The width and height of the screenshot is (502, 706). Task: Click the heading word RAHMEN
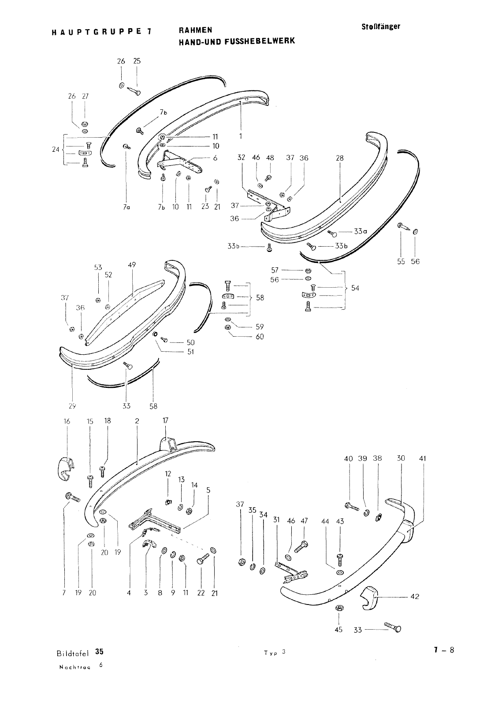tap(195, 30)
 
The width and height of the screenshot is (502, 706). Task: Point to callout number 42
tap(414, 597)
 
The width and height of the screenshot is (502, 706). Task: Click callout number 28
tap(339, 158)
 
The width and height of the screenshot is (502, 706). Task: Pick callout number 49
tap(132, 265)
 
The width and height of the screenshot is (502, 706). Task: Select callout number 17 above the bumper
tap(165, 421)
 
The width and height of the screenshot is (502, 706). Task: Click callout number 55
tap(401, 261)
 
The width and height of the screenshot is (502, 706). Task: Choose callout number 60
tap(260, 337)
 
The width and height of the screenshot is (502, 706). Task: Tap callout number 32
tap(241, 158)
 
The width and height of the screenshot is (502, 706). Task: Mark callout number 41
tap(423, 458)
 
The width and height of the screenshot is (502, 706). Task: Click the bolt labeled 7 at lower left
tap(72, 498)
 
